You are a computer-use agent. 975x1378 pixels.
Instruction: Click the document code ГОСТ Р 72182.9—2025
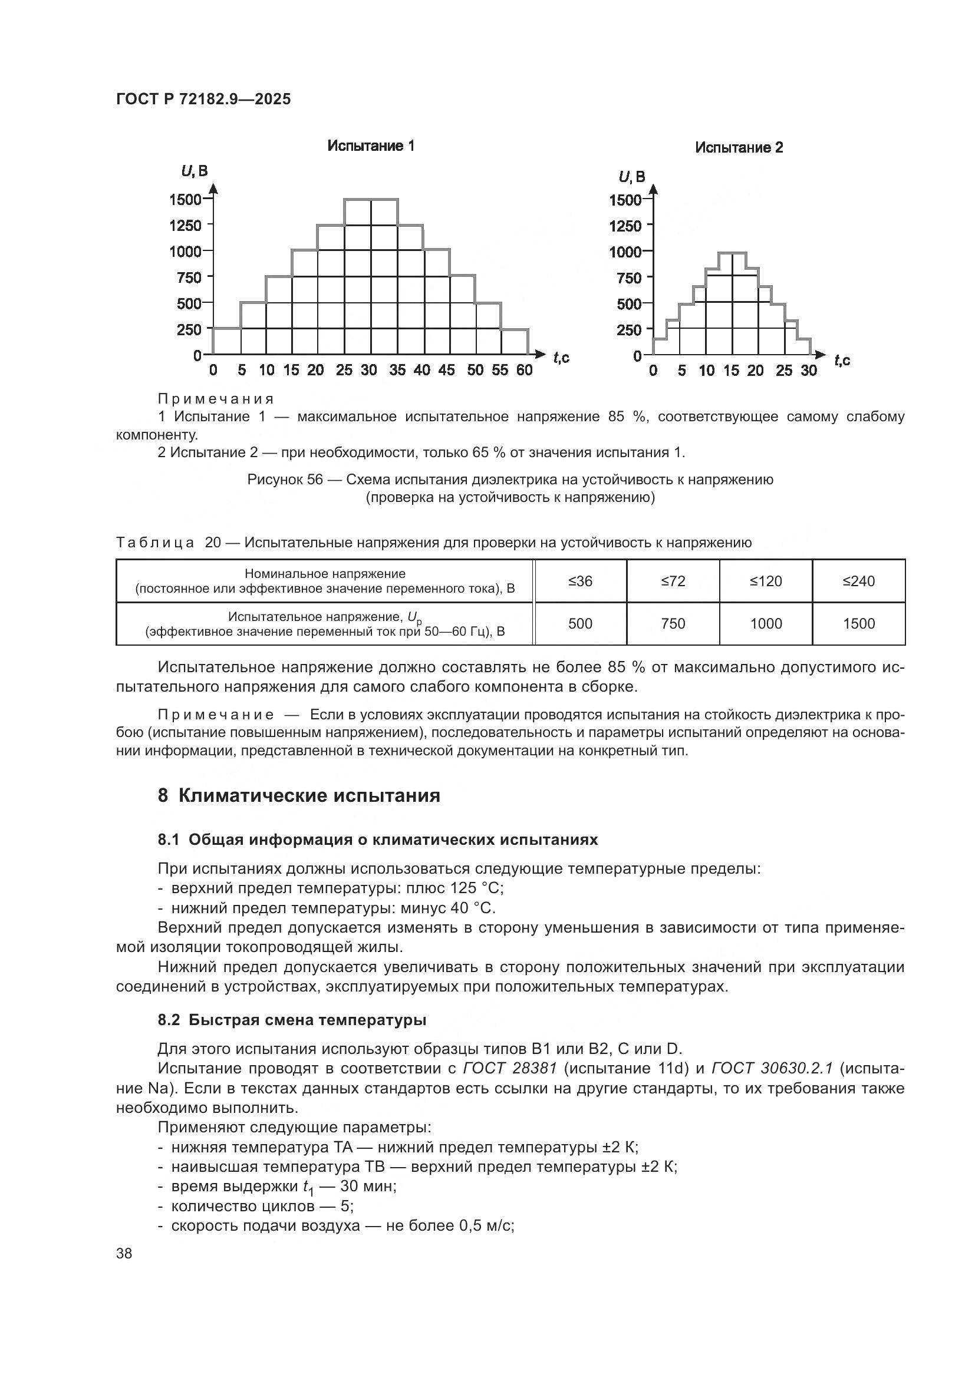click(x=203, y=99)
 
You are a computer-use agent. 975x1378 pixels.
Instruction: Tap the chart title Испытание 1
click(x=370, y=146)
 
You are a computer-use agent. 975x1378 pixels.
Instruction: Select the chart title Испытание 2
click(x=739, y=148)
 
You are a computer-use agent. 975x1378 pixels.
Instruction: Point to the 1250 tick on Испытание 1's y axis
click(x=186, y=226)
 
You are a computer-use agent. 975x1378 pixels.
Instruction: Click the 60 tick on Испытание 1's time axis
click(x=524, y=371)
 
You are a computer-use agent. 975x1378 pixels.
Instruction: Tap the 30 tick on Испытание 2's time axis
click(x=808, y=371)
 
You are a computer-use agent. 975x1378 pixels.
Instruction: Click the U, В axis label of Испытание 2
click(x=631, y=177)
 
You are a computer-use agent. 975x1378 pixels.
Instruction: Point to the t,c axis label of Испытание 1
click(x=561, y=358)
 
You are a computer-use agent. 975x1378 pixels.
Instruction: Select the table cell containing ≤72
click(x=673, y=581)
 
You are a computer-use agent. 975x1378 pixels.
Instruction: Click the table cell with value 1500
click(x=858, y=623)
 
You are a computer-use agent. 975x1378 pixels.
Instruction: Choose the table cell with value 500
click(x=580, y=623)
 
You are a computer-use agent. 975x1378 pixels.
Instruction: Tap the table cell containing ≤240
click(x=858, y=581)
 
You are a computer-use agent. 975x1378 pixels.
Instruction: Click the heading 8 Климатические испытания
click(x=298, y=795)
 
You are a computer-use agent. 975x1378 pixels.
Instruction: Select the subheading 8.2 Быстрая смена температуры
click(x=292, y=1020)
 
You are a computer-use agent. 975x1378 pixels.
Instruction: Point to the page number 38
click(x=124, y=1253)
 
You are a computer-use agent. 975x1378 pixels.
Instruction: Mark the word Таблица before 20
click(x=155, y=543)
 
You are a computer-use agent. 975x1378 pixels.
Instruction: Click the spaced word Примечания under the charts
click(x=216, y=398)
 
